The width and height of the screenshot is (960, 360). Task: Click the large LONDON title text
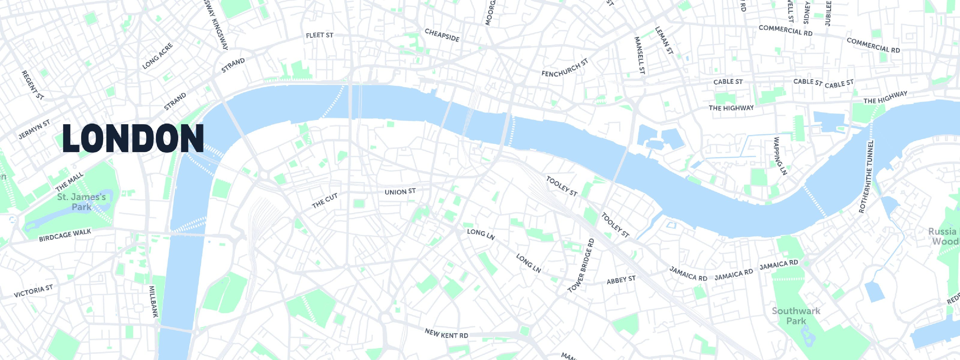pyautogui.click(x=133, y=138)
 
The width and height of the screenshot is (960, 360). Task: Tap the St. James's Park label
pyautogui.click(x=82, y=202)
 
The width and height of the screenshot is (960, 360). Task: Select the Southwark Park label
pyautogui.click(x=796, y=316)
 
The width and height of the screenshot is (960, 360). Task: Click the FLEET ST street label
pyautogui.click(x=319, y=35)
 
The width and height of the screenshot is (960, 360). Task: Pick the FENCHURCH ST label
pyautogui.click(x=565, y=68)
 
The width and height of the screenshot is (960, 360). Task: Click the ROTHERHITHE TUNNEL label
pyautogui.click(x=866, y=177)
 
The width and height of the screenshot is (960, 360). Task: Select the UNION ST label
pyautogui.click(x=400, y=192)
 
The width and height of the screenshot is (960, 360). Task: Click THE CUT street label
pyautogui.click(x=325, y=201)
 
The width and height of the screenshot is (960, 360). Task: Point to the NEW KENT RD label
pyautogui.click(x=446, y=334)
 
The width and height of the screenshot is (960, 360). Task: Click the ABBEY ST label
pyautogui.click(x=621, y=280)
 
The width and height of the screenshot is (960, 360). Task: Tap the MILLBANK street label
pyautogui.click(x=154, y=301)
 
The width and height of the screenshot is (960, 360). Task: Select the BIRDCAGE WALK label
pyautogui.click(x=65, y=235)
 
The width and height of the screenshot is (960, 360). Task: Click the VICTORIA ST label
pyautogui.click(x=33, y=291)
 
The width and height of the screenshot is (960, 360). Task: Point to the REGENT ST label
pyautogui.click(x=32, y=85)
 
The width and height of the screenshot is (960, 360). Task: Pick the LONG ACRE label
pyautogui.click(x=157, y=56)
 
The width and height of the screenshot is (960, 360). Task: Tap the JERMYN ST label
pyautogui.click(x=34, y=129)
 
